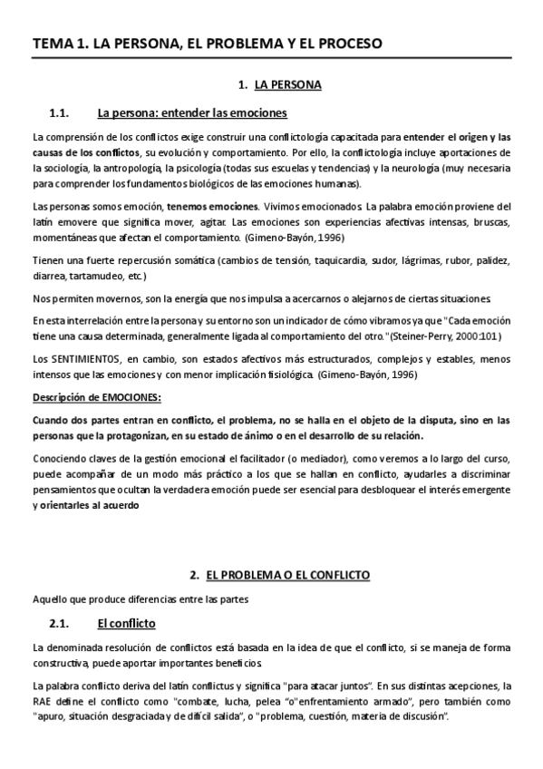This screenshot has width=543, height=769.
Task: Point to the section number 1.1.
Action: pyautogui.click(x=59, y=113)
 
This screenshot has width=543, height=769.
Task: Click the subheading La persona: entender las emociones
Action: pyautogui.click(x=191, y=113)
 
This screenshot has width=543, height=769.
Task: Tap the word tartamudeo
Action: pyautogui.click(x=102, y=275)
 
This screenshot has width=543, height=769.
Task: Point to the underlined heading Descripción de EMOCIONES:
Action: pyautogui.click(x=97, y=397)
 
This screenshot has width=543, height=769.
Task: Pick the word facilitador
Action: pyautogui.click(x=293, y=458)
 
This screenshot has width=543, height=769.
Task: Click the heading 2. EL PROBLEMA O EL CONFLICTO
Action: pyautogui.click(x=278, y=575)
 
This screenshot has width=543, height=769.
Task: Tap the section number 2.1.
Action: pyautogui.click(x=59, y=623)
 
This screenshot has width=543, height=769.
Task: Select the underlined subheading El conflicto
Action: pyautogui.click(x=126, y=623)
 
